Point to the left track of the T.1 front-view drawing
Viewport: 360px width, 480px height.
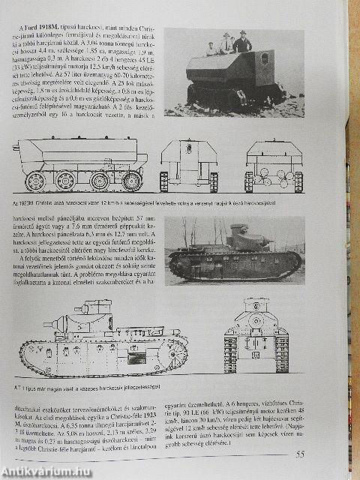(230, 352)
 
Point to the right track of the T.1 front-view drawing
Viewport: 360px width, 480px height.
(282, 352)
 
